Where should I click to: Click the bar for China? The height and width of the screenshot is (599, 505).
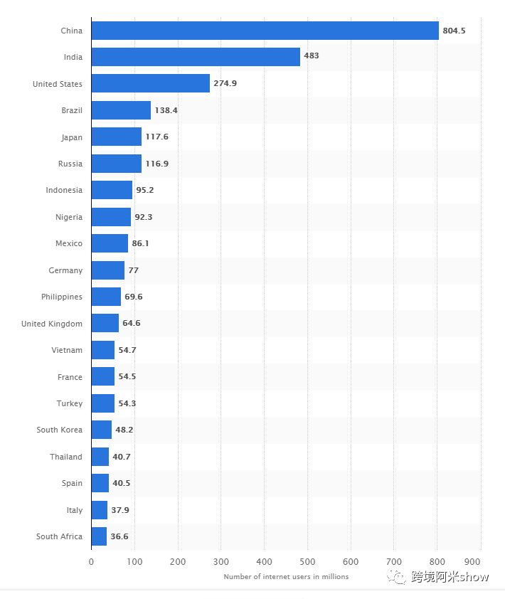pos(265,31)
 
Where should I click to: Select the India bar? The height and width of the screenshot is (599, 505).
pos(196,57)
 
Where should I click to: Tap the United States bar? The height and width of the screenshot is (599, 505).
pos(151,84)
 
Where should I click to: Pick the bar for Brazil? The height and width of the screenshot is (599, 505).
pos(121,110)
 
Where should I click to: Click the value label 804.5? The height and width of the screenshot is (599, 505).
pos(454,31)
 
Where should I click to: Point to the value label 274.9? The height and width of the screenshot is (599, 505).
pos(225,84)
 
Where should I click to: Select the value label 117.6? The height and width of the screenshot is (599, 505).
pos(156,137)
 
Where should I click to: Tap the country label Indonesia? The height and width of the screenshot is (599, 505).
pos(64,190)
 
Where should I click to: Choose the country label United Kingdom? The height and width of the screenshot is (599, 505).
pos(52,324)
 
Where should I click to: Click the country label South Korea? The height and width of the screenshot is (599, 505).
pos(60,430)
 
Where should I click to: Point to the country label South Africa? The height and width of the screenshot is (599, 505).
pos(60,536)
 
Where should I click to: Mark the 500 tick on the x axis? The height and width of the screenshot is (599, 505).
pos(307,561)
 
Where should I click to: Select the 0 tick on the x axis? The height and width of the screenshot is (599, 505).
pos(91,561)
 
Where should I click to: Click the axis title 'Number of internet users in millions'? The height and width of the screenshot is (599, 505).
pos(286,576)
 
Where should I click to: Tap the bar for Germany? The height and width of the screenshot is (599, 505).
pos(108,270)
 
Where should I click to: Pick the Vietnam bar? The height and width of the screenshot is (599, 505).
pos(103,350)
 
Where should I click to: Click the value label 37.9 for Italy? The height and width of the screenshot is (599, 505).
pos(119,510)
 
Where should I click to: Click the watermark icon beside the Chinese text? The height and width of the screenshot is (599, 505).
pos(397,576)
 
